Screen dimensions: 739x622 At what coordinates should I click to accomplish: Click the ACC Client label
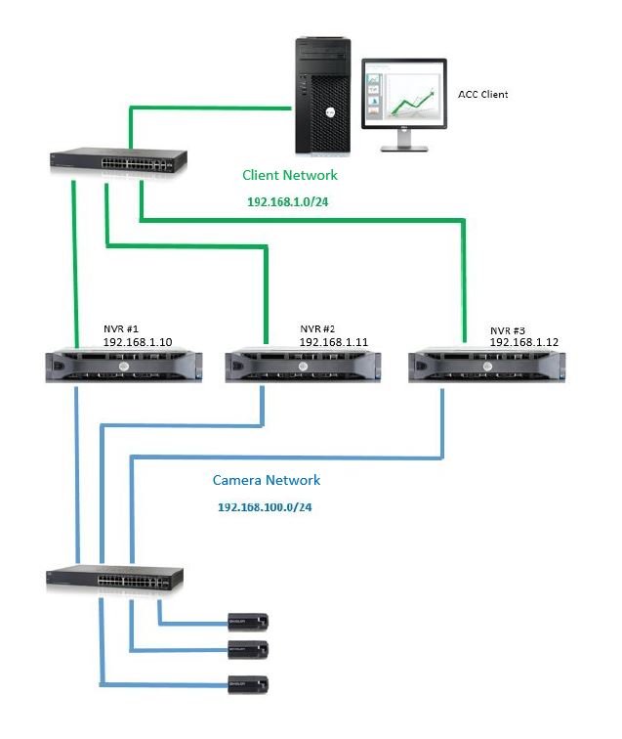[x=483, y=95]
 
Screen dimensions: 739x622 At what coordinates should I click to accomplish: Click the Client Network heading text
[x=289, y=175]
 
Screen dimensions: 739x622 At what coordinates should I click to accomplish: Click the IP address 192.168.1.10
[x=138, y=343]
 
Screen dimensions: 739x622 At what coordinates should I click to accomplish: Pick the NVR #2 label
[x=318, y=330]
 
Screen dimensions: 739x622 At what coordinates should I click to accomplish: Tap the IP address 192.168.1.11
[x=334, y=343]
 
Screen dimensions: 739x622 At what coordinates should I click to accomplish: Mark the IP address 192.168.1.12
[x=523, y=343]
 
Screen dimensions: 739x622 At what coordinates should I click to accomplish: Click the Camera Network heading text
[x=267, y=480]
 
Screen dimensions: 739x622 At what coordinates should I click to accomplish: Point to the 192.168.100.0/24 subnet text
[x=264, y=508]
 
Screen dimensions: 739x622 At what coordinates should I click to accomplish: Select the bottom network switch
[x=114, y=581]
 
